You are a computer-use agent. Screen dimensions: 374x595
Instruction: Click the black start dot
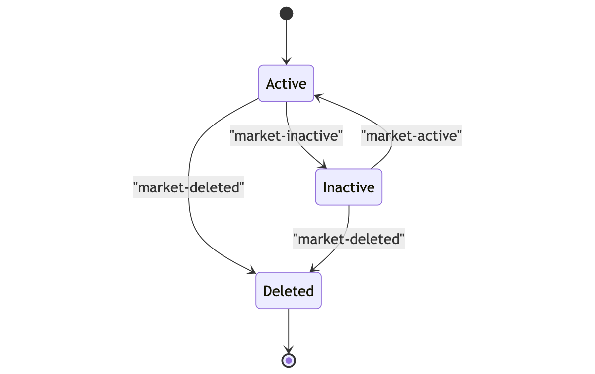click(x=286, y=13)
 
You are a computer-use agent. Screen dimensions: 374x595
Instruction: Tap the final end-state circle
click(x=289, y=360)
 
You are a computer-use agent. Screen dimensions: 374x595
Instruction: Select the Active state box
click(x=286, y=83)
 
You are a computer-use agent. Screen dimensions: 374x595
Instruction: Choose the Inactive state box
click(x=349, y=187)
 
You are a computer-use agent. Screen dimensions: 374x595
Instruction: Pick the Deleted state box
click(x=289, y=291)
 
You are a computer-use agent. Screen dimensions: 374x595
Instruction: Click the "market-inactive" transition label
click(x=287, y=135)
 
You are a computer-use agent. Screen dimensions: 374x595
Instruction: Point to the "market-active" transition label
click(x=412, y=135)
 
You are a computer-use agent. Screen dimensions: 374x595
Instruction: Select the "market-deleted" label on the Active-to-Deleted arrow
click(x=189, y=187)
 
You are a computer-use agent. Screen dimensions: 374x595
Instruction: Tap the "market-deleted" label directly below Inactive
click(x=349, y=239)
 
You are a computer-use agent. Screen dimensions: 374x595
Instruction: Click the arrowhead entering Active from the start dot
click(x=286, y=62)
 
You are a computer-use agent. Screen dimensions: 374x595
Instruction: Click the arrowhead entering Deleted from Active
click(x=252, y=271)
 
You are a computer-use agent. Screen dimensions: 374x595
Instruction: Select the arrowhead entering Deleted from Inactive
click(x=313, y=269)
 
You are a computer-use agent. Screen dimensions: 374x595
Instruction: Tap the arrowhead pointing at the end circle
click(x=289, y=350)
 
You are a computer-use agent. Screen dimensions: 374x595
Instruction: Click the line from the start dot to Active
click(x=286, y=40)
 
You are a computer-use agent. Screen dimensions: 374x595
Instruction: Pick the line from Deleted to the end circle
click(x=289, y=327)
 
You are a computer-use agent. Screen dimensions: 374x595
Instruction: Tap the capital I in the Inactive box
click(x=325, y=187)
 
